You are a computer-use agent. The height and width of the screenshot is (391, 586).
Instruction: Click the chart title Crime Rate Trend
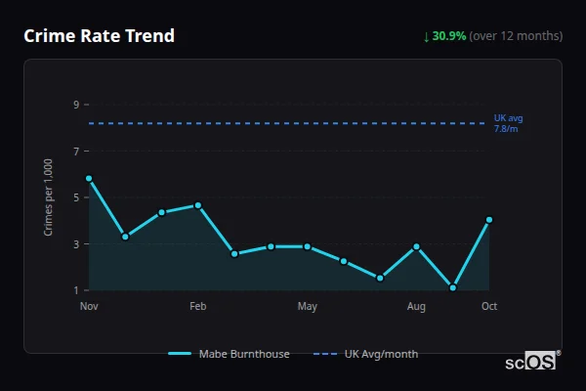tap(99, 36)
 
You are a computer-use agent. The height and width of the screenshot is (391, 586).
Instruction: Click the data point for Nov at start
tap(89, 179)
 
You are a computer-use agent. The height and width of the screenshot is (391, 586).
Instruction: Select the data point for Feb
tap(198, 205)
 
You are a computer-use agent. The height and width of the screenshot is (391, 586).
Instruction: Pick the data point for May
tap(308, 246)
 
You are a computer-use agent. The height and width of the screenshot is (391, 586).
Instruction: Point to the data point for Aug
tap(417, 246)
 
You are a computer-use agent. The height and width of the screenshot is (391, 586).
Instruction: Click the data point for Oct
tap(489, 220)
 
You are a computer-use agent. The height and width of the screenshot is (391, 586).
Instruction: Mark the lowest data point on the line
tap(453, 288)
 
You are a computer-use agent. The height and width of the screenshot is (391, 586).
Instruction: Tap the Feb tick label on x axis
tap(198, 307)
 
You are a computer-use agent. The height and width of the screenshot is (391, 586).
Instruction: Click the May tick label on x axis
tap(308, 307)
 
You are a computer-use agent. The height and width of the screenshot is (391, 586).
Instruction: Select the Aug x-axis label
tap(417, 307)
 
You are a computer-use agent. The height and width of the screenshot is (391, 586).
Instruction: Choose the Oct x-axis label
tap(489, 307)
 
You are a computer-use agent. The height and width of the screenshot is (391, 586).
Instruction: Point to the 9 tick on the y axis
tap(75, 105)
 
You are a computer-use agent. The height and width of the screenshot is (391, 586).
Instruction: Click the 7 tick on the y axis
tap(75, 152)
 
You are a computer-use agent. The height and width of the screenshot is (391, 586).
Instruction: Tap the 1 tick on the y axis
tap(75, 290)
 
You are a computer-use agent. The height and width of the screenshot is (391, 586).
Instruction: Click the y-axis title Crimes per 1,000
tap(49, 197)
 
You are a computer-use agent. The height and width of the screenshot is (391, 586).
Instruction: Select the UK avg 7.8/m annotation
tap(507, 123)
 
